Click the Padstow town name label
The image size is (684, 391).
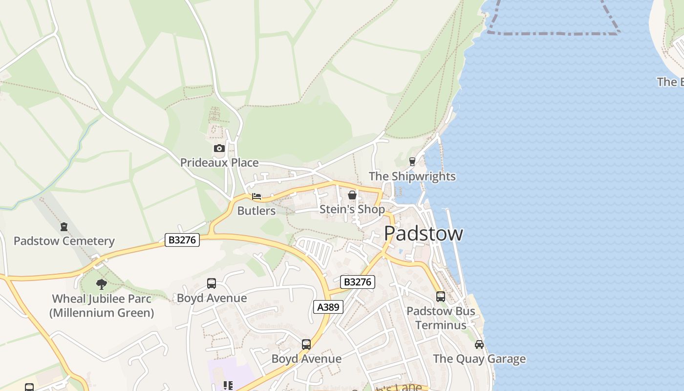pyautogui.click(x=423, y=234)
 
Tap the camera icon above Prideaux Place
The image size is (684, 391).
pyautogui.click(x=219, y=148)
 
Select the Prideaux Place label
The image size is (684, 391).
pyautogui.click(x=219, y=163)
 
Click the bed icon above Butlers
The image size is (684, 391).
pyautogui.click(x=256, y=196)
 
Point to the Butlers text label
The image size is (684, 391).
pyautogui.click(x=256, y=211)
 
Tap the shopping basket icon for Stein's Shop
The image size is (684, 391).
pyautogui.click(x=352, y=195)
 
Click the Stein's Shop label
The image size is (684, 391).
pyautogui.click(x=352, y=209)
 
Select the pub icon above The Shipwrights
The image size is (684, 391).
pyautogui.click(x=412, y=161)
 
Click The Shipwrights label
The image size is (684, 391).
pyautogui.click(x=412, y=176)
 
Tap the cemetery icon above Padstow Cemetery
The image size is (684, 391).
pyautogui.click(x=64, y=227)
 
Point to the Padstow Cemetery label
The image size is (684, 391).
pyautogui.click(x=64, y=241)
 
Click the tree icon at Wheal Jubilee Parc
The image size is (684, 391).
pyautogui.click(x=102, y=284)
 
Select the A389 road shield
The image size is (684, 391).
pyautogui.click(x=328, y=307)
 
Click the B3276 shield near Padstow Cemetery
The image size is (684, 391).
pyautogui.click(x=182, y=240)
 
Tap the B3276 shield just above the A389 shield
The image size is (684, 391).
pyautogui.click(x=357, y=282)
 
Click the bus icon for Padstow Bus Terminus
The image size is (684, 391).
pyautogui.click(x=440, y=296)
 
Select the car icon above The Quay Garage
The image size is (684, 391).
pyautogui.click(x=479, y=345)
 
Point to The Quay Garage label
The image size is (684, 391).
pyautogui.click(x=479, y=359)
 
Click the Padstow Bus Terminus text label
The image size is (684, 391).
pyautogui.click(x=440, y=318)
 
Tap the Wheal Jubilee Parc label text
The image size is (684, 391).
pyautogui.click(x=102, y=305)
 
